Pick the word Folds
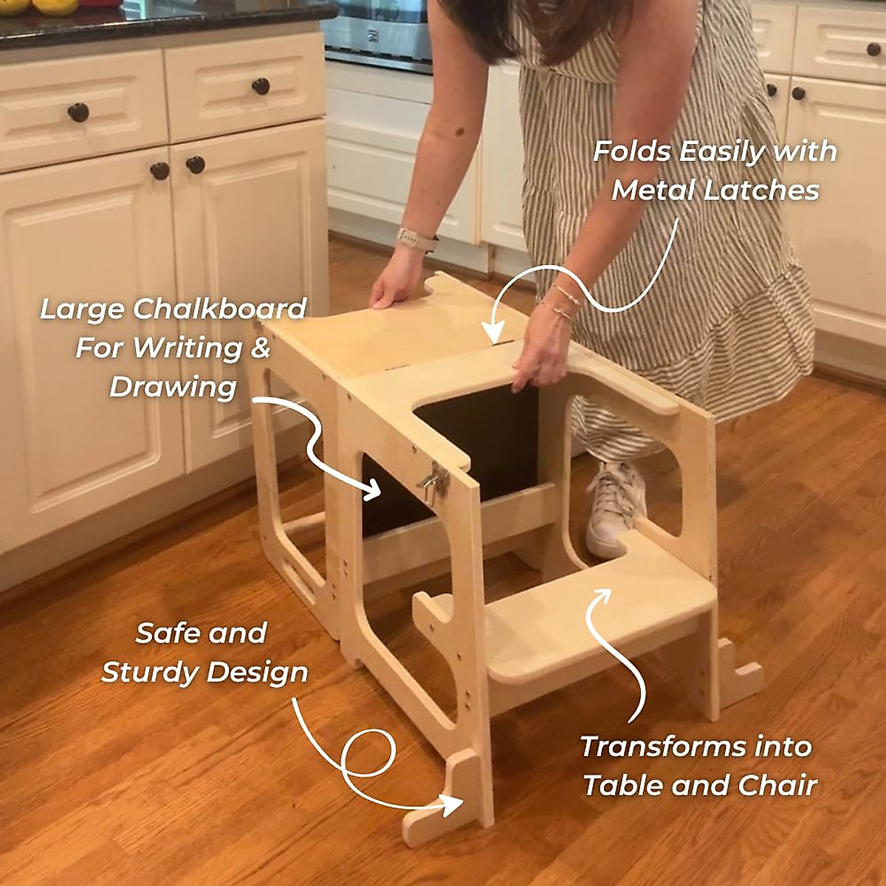coord(631,151)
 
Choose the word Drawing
coord(173,387)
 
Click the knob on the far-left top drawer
coord(78,113)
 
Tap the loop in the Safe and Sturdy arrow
coord(368,753)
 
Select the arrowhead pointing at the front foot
coord(452,805)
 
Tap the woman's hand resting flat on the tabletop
coord(391,289)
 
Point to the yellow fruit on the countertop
coord(59,6)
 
